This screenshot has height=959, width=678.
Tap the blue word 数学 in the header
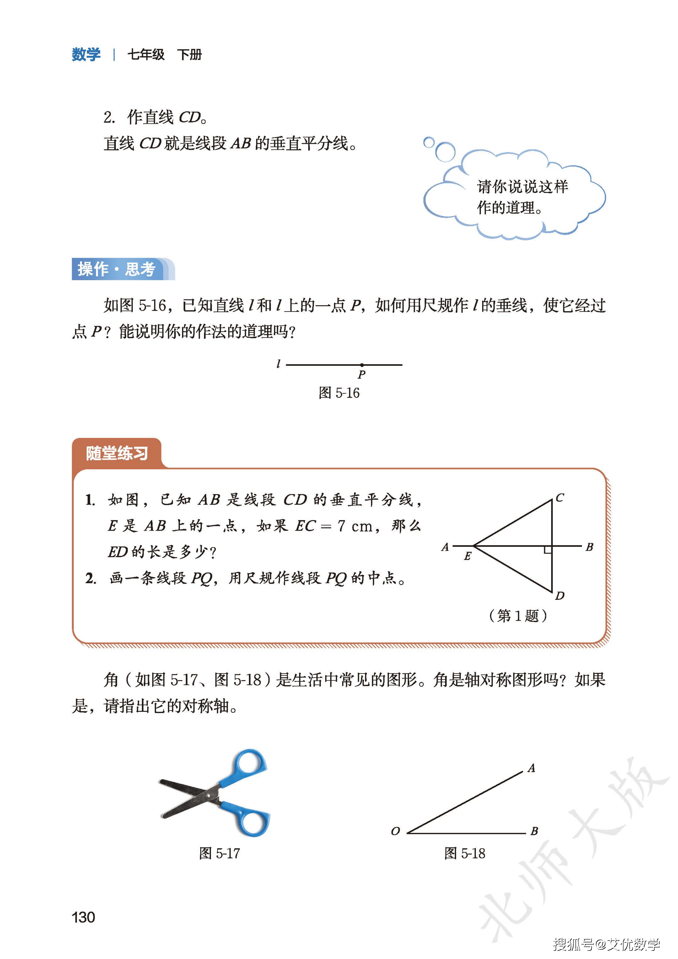point(86,55)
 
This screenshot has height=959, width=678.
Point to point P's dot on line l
point(362,365)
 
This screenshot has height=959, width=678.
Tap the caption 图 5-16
point(339,393)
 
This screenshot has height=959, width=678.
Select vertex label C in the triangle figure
point(560,498)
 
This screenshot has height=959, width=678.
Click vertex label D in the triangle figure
point(560,596)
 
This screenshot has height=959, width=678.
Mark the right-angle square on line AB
point(548,550)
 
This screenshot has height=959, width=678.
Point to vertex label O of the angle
point(395,831)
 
